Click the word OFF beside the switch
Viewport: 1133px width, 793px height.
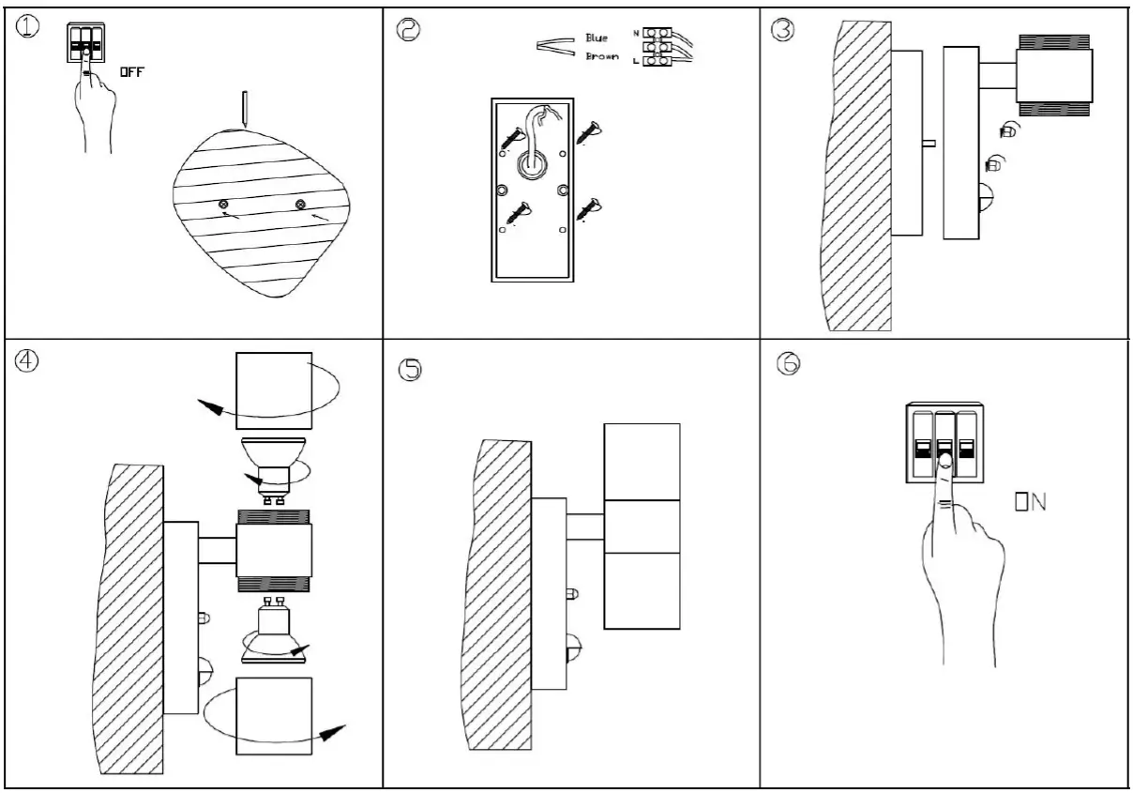(131, 73)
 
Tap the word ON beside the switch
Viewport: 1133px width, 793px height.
(1030, 504)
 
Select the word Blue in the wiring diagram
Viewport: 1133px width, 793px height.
(597, 38)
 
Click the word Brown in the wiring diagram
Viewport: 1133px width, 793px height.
(601, 56)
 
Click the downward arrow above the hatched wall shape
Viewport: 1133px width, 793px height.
(243, 109)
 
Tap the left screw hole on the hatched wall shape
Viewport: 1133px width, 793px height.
(223, 204)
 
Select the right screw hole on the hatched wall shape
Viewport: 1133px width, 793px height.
(300, 204)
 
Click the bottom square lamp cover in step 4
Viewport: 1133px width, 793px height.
(273, 716)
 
